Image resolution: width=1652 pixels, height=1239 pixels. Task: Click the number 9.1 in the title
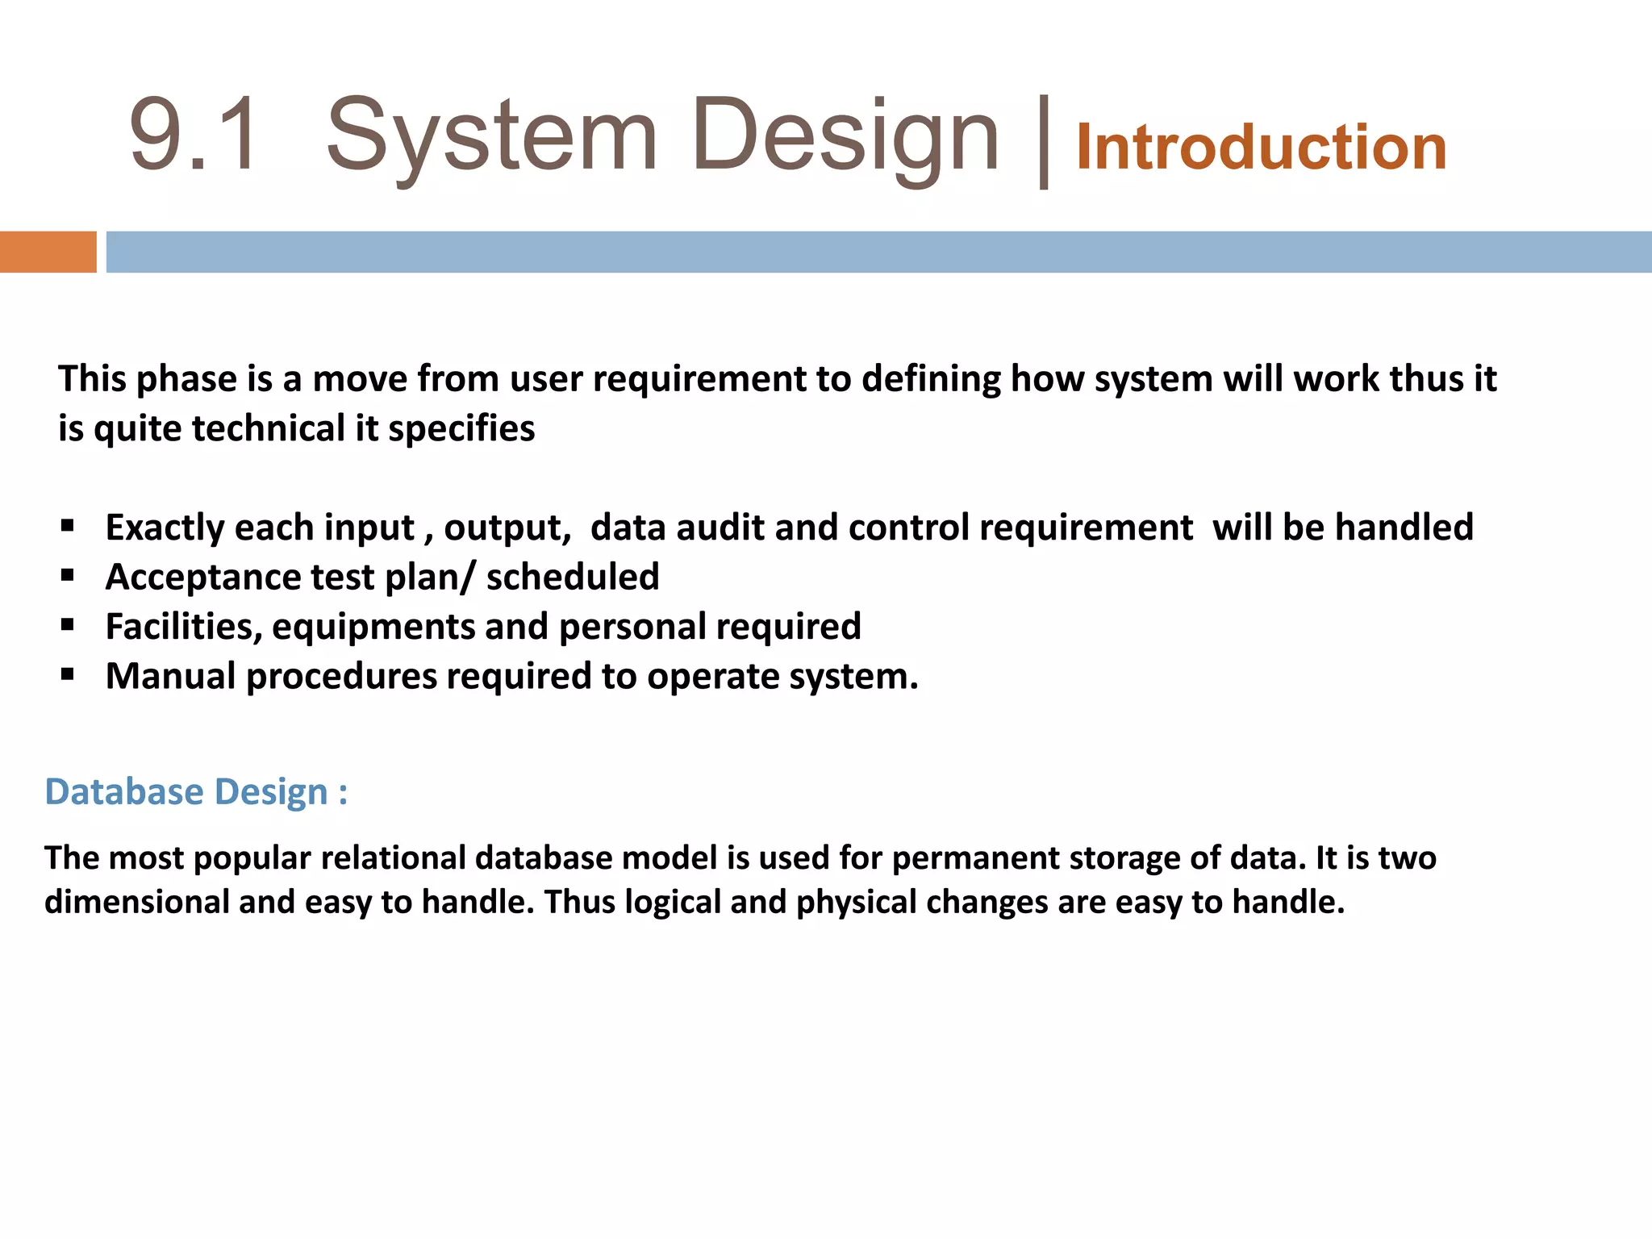click(x=194, y=136)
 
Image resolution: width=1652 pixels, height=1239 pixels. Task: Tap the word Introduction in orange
click(x=1261, y=148)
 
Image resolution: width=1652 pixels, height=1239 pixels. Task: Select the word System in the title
click(x=491, y=137)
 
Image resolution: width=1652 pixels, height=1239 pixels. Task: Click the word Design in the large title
click(x=845, y=137)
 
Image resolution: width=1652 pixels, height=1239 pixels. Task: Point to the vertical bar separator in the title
click(x=1044, y=142)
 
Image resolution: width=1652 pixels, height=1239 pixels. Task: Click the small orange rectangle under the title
click(x=48, y=252)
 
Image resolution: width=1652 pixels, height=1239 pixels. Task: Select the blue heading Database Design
click(x=196, y=792)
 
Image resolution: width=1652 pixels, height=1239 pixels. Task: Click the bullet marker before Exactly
click(x=68, y=527)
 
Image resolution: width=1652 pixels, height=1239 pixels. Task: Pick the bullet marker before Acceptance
click(x=68, y=576)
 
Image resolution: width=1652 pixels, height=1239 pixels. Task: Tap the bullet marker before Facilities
click(x=68, y=625)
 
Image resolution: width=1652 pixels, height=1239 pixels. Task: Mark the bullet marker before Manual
click(x=68, y=674)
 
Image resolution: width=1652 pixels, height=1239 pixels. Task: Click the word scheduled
click(x=573, y=578)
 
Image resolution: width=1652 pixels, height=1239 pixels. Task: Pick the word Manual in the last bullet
click(x=170, y=676)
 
